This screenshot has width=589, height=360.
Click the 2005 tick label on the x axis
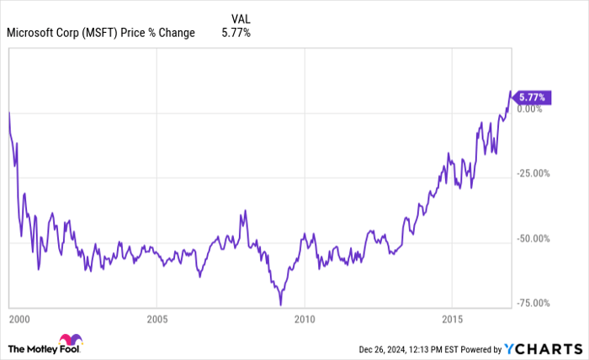click(157, 320)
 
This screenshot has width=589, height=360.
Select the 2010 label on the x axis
click(305, 320)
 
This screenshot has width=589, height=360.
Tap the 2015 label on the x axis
click(452, 320)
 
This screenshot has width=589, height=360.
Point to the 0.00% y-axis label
click(532, 109)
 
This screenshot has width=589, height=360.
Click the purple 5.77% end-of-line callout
click(532, 98)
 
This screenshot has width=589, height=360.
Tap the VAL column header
click(241, 18)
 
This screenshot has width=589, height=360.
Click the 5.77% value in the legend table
click(236, 33)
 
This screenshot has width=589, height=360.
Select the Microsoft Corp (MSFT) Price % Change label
click(101, 33)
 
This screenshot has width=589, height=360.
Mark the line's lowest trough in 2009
click(280, 304)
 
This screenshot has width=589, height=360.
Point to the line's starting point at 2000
click(8, 111)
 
